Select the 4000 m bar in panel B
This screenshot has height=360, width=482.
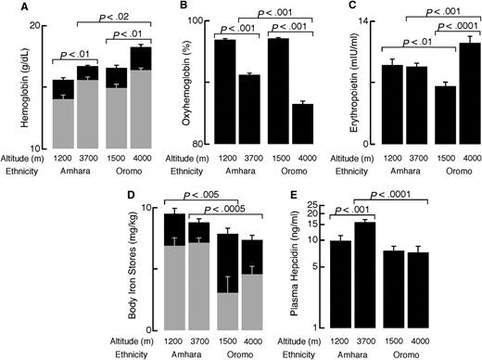click(x=301, y=124)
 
